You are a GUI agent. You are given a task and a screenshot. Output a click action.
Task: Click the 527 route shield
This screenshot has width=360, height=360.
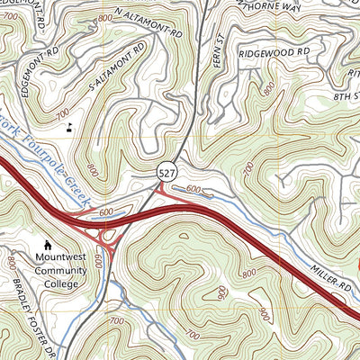168,172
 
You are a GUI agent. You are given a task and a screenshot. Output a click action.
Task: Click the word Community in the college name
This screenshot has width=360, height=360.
63,268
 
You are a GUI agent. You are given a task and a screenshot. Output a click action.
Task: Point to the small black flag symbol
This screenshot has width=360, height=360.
69,127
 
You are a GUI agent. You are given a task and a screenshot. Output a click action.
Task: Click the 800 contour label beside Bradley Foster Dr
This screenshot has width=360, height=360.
11,264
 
